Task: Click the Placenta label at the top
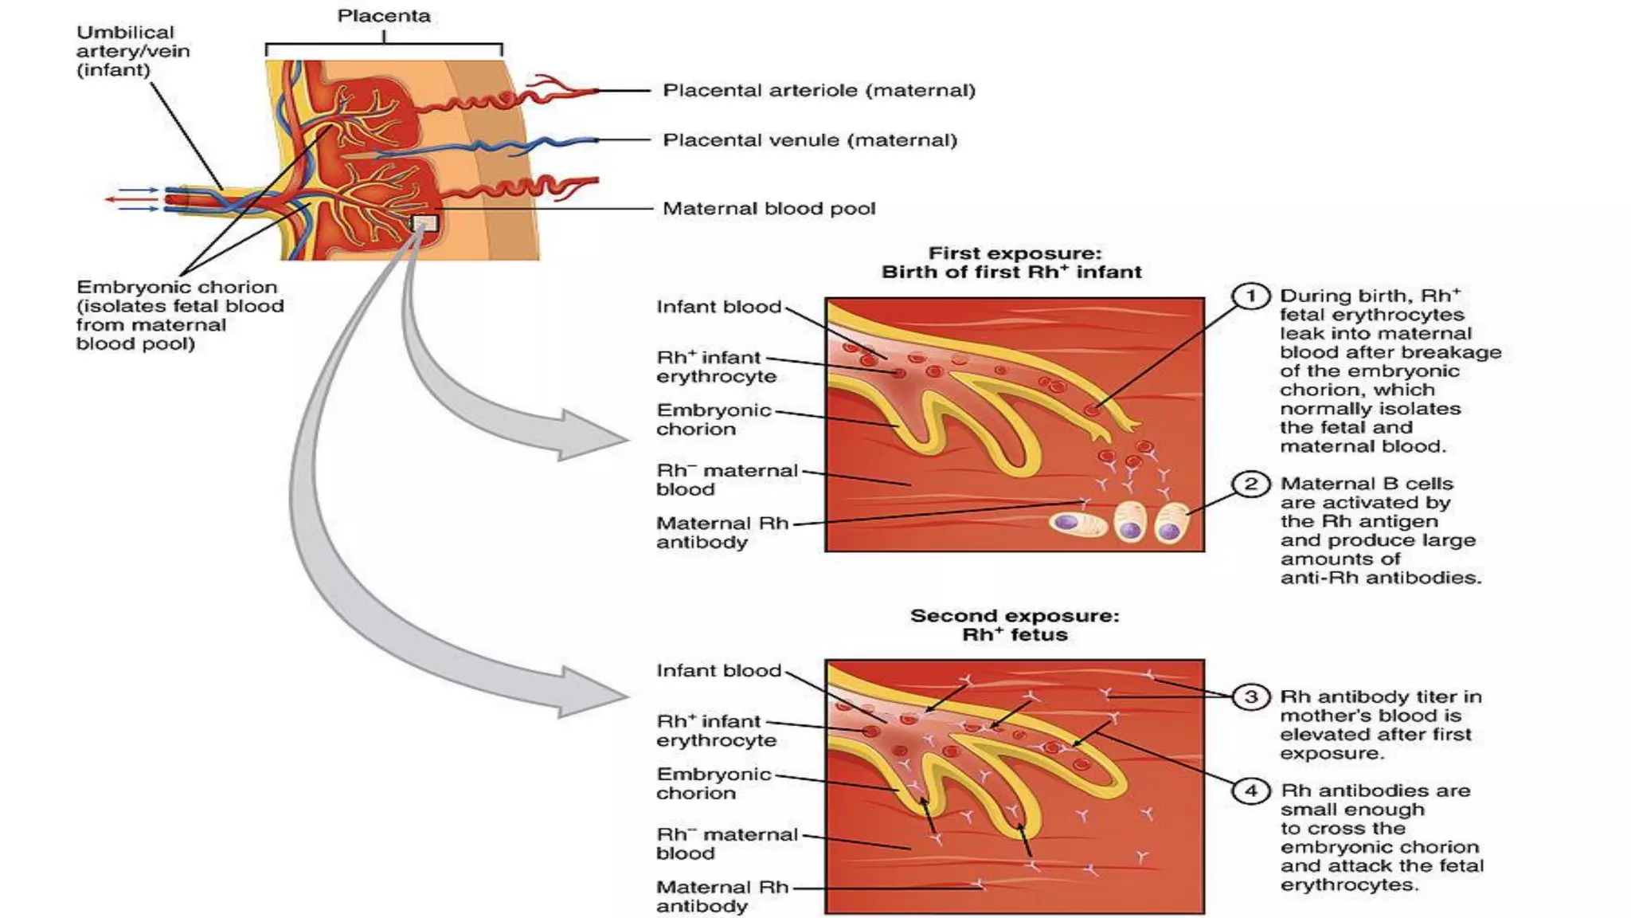(383, 16)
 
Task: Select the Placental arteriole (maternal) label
(819, 91)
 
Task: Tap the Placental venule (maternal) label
(810, 140)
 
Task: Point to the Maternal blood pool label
(769, 209)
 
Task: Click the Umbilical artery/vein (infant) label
(132, 51)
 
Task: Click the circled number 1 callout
(1250, 296)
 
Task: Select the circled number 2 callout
(1250, 484)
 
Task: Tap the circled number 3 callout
(1250, 697)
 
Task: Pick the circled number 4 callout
(1250, 791)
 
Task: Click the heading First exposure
(1015, 253)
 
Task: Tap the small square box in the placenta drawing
(424, 223)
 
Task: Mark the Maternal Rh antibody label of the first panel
(722, 533)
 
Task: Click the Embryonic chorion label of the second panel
(713, 784)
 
